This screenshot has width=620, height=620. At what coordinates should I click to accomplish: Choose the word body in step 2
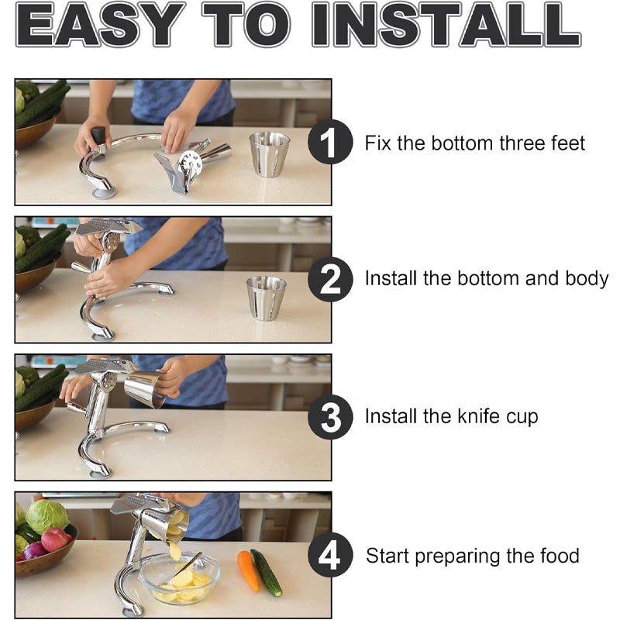coord(586,280)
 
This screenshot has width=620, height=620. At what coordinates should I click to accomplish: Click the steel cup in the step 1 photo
coord(269,153)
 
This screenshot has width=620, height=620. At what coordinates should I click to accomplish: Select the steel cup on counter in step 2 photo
coord(266,298)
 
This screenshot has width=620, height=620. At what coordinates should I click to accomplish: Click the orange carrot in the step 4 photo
coord(248,570)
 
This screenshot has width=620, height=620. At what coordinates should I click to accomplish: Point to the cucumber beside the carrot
coord(267,572)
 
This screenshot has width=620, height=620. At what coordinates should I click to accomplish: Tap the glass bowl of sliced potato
coord(179,579)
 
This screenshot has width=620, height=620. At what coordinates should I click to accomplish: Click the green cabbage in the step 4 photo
coord(46,515)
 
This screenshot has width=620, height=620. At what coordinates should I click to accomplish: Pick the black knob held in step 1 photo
coord(98,137)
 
